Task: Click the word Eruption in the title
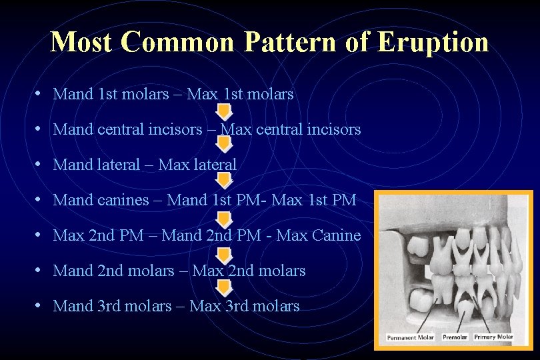[x=433, y=42]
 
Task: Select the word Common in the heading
[x=178, y=42]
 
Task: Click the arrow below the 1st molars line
[x=225, y=111]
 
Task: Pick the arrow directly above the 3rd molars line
[x=225, y=288]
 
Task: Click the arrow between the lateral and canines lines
[x=225, y=181]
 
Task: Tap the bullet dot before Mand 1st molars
[x=40, y=94]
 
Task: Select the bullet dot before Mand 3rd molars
[x=40, y=306]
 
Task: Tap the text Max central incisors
[x=291, y=129]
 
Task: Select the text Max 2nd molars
[x=249, y=271]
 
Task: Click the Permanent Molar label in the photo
[x=411, y=338]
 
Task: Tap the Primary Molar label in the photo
[x=493, y=338]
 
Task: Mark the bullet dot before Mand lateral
[x=40, y=165]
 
